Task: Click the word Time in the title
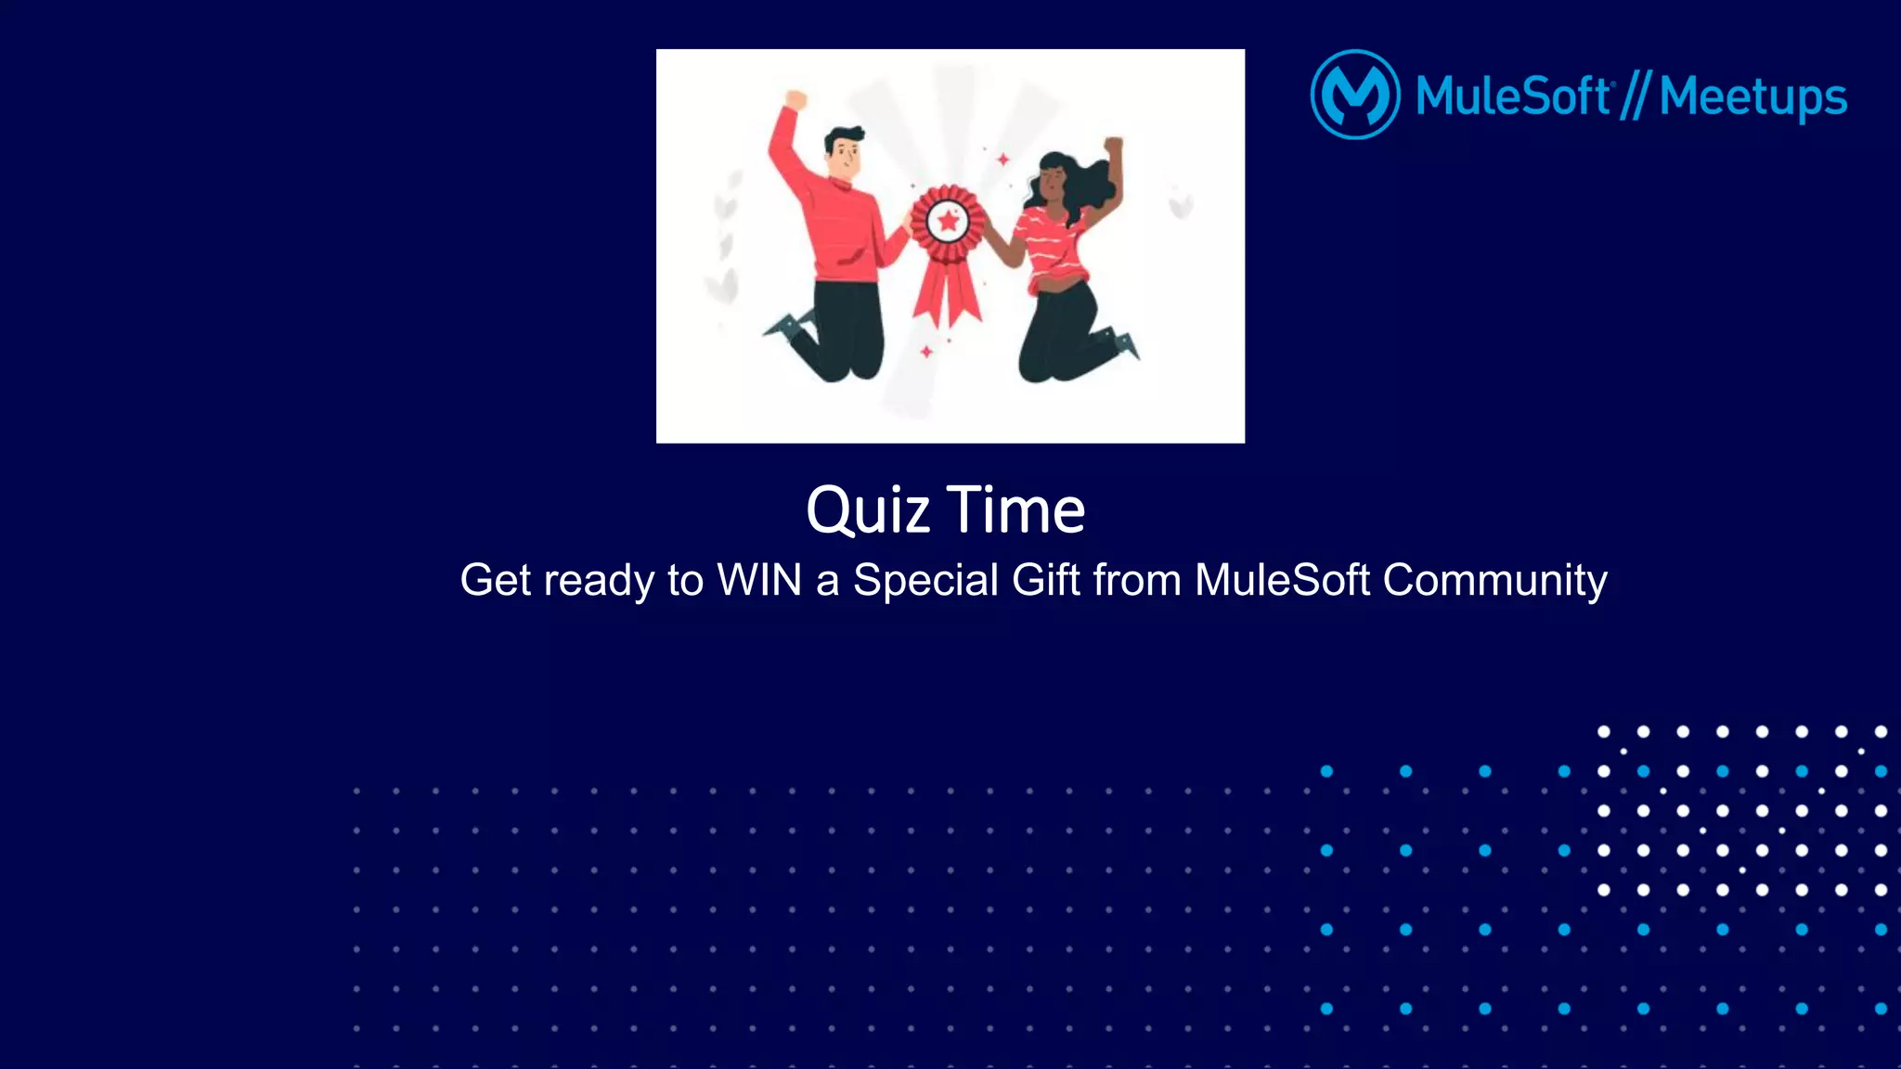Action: click(x=1015, y=511)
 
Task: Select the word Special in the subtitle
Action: click(x=925, y=581)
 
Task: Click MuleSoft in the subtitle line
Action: click(x=1282, y=581)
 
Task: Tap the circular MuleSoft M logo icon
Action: click(x=1355, y=95)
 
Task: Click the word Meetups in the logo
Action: click(x=1752, y=97)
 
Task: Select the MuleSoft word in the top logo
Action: click(x=1513, y=97)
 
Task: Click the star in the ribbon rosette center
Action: click(x=948, y=222)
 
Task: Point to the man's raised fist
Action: click(x=795, y=99)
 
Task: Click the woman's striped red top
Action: click(x=1054, y=247)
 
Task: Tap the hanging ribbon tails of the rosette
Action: click(x=948, y=292)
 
